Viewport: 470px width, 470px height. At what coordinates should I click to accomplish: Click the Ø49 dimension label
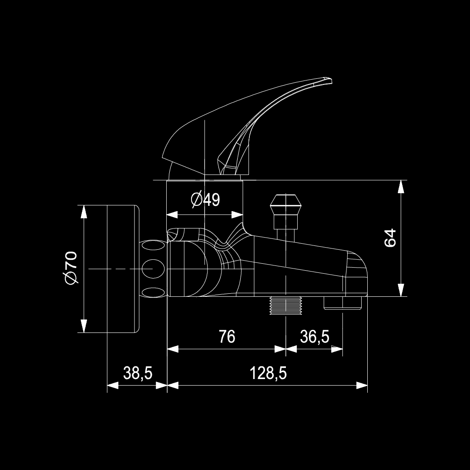[205, 200]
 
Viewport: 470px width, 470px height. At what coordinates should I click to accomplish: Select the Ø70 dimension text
[70, 268]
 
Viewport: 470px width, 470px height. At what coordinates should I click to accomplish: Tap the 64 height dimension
[390, 238]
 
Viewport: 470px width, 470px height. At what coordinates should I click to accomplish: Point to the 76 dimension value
[227, 336]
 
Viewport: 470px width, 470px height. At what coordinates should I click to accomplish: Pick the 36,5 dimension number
[314, 336]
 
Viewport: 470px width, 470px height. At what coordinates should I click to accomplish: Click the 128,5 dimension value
[268, 373]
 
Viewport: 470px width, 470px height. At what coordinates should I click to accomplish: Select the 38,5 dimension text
[138, 373]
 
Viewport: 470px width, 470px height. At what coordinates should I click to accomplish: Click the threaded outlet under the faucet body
[285, 305]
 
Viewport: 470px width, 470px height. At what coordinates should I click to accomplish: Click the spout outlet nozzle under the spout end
[343, 303]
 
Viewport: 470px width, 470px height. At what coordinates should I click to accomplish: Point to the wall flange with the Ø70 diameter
[122, 269]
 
